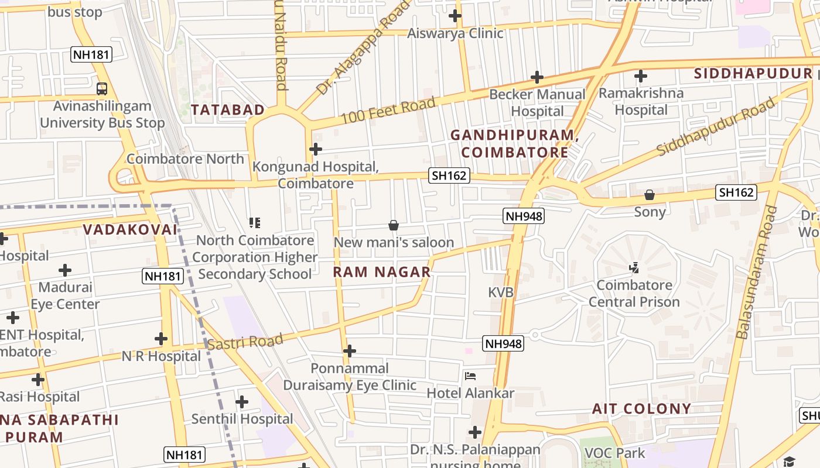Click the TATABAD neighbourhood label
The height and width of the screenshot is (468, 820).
227,110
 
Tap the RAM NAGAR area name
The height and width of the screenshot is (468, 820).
382,272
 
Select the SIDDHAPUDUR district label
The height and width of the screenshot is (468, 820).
752,74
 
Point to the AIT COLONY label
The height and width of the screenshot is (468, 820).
641,408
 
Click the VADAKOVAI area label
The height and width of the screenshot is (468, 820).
129,230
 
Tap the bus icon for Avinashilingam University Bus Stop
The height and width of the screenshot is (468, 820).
102,89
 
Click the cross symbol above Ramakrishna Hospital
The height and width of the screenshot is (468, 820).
641,76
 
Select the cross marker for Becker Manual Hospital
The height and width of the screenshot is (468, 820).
537,77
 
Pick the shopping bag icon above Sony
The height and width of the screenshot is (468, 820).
650,195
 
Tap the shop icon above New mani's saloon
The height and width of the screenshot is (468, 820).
394,225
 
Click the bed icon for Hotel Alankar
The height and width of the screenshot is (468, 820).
470,376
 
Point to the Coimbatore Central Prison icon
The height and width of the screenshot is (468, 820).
634,269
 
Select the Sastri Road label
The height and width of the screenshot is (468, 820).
245,342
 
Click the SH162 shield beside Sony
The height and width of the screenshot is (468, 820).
736,192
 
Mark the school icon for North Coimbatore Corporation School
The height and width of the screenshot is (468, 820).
255,223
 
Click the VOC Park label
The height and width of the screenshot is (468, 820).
615,453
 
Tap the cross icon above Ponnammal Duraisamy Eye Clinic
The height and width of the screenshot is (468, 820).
350,351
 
